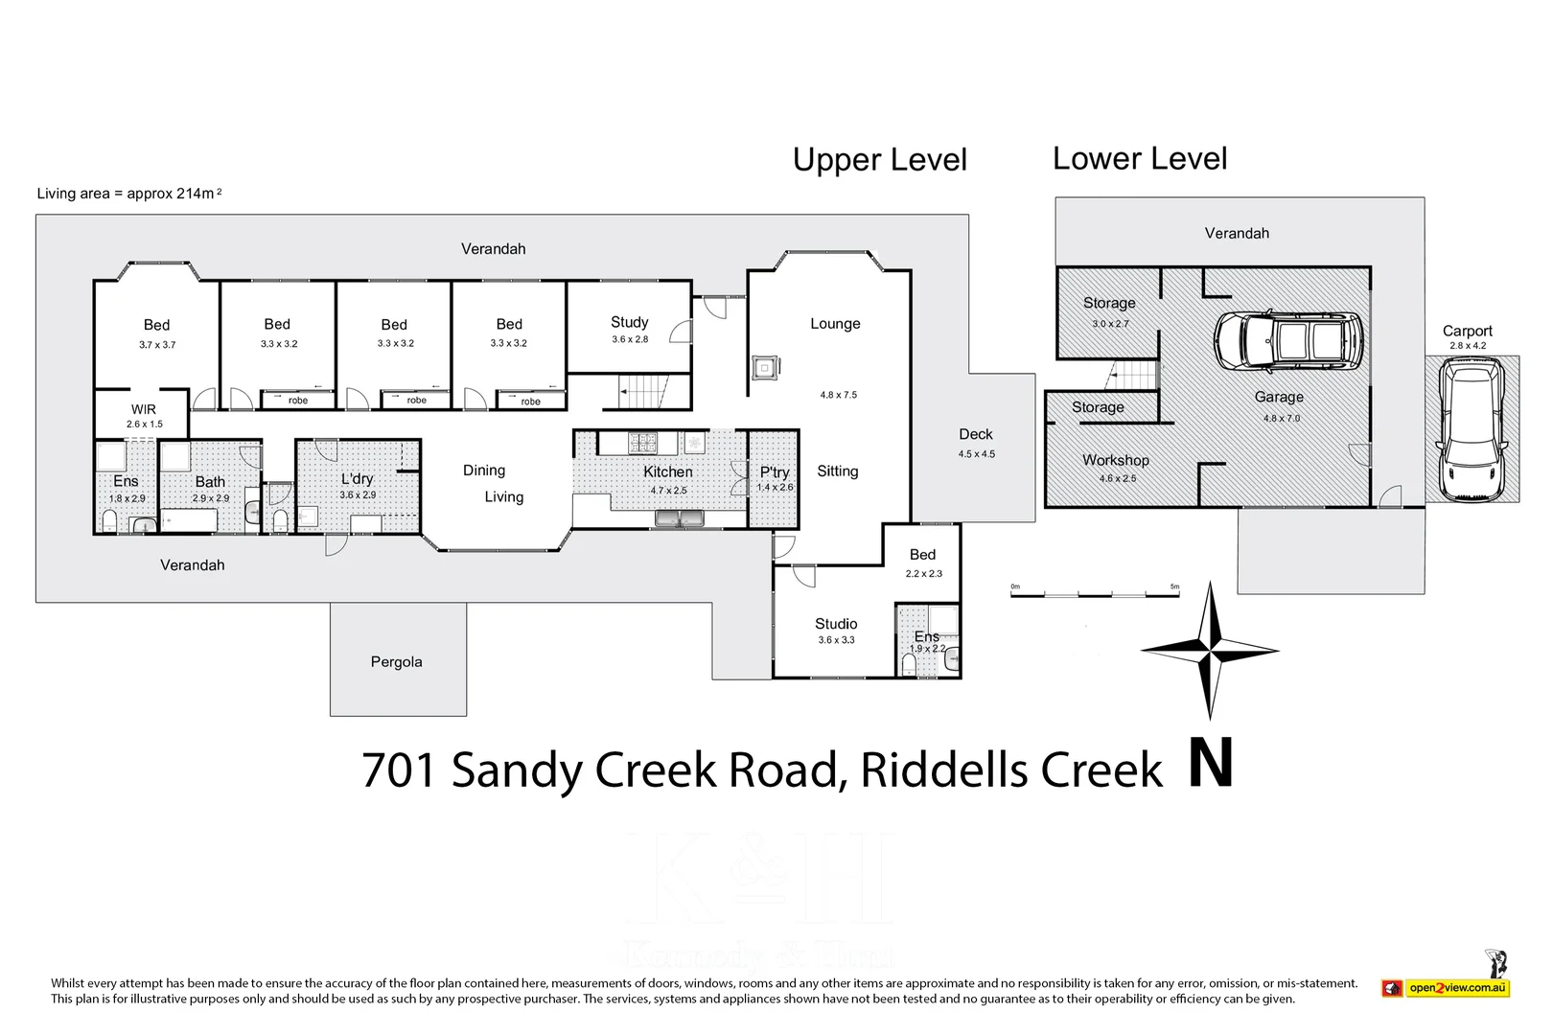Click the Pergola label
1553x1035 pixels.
pos(396,662)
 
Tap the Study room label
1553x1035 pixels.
pos(629,322)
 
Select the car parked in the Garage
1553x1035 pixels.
pos(1286,341)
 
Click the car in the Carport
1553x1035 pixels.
pos(1472,428)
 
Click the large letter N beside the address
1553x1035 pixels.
pos(1210,765)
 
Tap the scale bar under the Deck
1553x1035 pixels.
pos(1095,595)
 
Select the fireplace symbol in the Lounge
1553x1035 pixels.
pos(765,367)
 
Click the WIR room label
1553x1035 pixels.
pos(144,409)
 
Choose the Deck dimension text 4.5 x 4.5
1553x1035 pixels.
pos(976,454)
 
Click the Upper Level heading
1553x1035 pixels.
pos(879,160)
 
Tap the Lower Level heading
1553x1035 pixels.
pos(1139,158)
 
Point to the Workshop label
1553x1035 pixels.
pos(1115,460)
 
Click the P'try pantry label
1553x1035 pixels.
pos(774,472)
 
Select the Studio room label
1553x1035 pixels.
pos(836,624)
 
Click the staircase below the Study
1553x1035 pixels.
pos(643,391)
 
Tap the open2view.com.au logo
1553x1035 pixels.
pos(1456,988)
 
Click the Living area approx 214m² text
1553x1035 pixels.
pos(129,194)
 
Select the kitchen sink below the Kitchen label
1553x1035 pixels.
pos(679,518)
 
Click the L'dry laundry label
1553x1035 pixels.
pos(357,478)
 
